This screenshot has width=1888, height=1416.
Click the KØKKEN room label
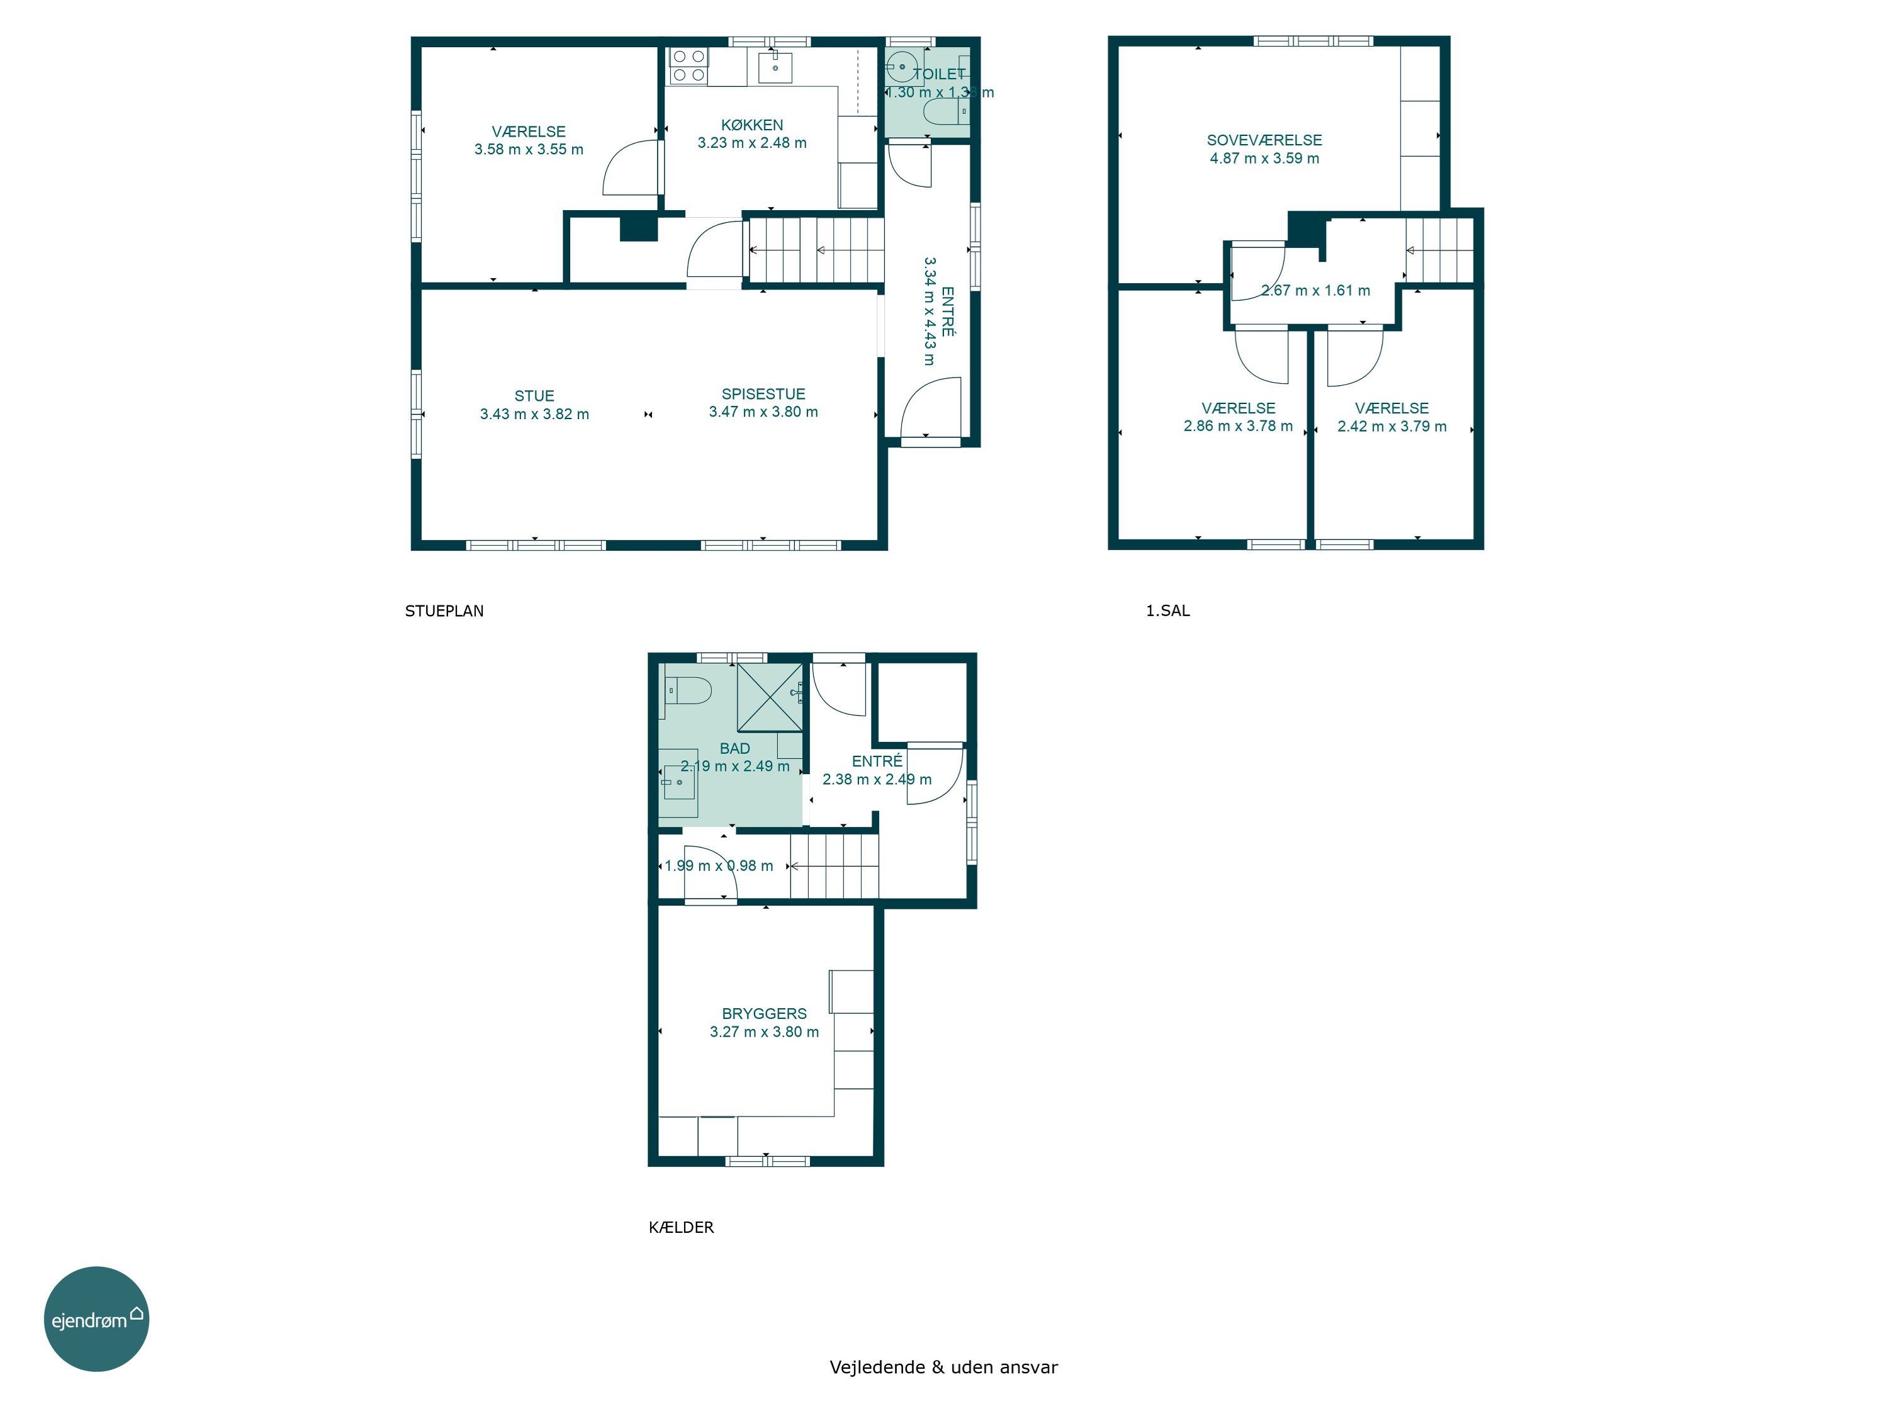752,125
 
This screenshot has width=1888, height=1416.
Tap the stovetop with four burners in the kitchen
688,65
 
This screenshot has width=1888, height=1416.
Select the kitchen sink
775,67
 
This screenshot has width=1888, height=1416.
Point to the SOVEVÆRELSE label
1264,140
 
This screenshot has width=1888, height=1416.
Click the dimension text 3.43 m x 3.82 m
534,414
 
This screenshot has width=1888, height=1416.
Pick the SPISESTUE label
763,393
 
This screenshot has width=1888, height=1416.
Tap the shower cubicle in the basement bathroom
770,697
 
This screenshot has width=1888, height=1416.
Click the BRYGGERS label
764,1013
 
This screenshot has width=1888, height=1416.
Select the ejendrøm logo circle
96,1318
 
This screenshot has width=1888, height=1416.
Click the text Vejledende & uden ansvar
943,1366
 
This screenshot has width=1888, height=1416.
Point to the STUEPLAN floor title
444,610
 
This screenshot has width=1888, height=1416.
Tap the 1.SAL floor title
1167,610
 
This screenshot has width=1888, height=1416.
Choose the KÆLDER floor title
681,1227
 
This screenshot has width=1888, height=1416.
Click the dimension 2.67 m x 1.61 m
1315,290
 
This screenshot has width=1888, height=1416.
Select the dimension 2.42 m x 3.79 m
1392,426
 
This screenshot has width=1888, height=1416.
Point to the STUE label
534,395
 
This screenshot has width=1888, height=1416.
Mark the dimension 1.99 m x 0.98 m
719,865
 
